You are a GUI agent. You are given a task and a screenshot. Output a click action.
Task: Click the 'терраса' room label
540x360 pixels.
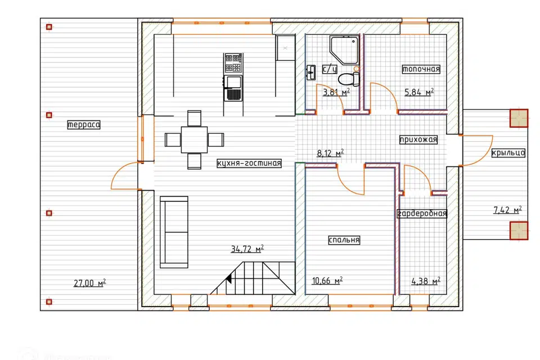pos(84,124)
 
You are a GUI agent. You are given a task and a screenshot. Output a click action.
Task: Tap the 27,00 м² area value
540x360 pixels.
pos(89,283)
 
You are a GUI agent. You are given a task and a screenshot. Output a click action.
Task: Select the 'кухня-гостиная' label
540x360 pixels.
pos(249,163)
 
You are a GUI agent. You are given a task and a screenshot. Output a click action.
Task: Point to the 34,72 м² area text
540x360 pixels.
pos(247,249)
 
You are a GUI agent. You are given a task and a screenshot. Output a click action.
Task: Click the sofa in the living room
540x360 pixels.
pos(174,232)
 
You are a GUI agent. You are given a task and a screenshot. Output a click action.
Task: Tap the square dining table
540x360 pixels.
pos(194,139)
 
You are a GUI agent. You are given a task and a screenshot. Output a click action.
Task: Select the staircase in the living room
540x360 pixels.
pos(253,278)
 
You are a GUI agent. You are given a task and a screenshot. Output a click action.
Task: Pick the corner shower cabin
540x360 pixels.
pos(344,50)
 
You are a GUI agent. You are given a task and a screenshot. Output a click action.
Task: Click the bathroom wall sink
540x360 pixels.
pos(311,73)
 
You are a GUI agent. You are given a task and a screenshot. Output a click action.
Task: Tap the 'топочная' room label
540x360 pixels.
pos(421,69)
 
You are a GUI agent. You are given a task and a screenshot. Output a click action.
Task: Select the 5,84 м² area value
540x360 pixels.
pos(418,92)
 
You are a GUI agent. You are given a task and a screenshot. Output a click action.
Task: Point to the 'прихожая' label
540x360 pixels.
pos(418,139)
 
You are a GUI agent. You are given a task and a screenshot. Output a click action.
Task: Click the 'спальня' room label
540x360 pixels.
pos(344,240)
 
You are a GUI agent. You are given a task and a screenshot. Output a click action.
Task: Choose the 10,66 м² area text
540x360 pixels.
pos(327,281)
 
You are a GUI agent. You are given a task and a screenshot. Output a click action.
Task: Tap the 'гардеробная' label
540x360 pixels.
pos(422,214)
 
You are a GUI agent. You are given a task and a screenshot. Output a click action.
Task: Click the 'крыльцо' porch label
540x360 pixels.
pos(508,152)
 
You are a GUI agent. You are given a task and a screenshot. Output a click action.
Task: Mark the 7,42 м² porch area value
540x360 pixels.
pos(507,209)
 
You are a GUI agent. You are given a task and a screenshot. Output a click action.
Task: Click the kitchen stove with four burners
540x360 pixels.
pos(233,63)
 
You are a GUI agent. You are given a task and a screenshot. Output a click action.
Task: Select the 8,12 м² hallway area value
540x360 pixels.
pos(330,153)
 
